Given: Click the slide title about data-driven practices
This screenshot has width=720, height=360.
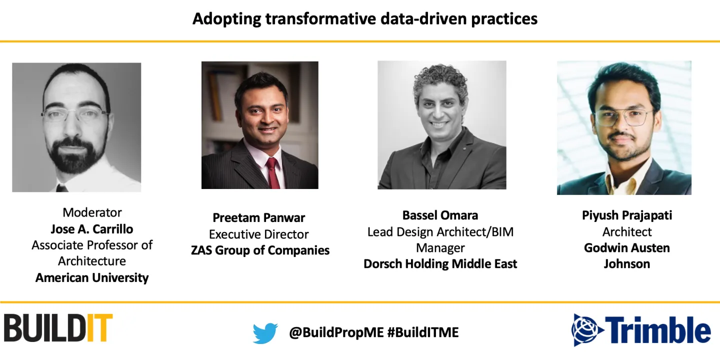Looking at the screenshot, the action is click(365, 18).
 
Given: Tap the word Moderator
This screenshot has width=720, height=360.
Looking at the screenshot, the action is click(92, 212).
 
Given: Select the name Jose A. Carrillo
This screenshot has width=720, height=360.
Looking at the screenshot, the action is click(92, 229).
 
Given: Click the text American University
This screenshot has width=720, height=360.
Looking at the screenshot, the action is click(92, 277).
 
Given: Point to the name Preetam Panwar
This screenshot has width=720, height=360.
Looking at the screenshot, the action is click(259, 217).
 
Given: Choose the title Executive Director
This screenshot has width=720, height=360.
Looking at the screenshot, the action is click(259, 234).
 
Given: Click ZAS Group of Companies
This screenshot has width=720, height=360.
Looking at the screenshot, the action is click(260, 250).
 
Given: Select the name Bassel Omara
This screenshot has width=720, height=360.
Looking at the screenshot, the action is click(440, 215).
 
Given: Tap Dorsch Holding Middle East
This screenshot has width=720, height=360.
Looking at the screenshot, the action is click(440, 264).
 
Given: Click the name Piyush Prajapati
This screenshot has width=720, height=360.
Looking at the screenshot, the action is click(627, 215).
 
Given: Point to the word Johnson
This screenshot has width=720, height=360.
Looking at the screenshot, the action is click(627, 264).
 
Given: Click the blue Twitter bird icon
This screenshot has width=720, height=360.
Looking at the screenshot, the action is click(265, 333).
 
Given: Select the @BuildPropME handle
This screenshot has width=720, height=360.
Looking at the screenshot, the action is click(336, 332).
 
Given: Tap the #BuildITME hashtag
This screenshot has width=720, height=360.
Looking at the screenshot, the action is click(423, 332).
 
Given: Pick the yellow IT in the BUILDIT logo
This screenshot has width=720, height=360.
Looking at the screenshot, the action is click(99, 327).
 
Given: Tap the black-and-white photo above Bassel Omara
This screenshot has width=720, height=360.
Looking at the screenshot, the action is click(442, 125).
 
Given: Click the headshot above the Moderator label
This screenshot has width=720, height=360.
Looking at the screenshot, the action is click(76, 127).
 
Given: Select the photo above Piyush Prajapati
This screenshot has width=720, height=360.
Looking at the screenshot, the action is click(624, 127).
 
